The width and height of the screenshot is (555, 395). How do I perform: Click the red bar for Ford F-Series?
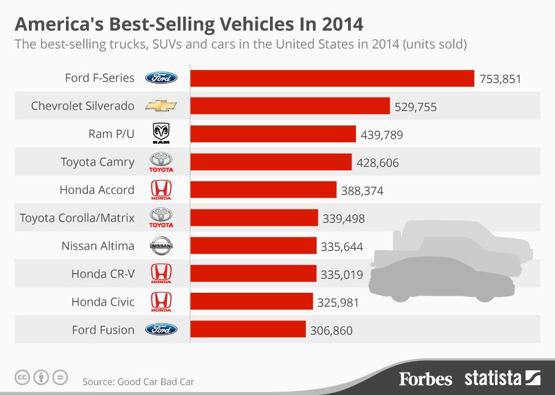coord(332,78)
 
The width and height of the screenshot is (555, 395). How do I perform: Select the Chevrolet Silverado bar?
coord(290,106)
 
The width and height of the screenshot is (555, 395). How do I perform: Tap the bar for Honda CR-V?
coord(253,274)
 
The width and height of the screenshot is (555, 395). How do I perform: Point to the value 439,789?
coord(382,135)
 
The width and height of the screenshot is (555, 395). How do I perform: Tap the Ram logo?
coord(161,134)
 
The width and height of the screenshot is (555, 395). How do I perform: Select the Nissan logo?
coord(161,247)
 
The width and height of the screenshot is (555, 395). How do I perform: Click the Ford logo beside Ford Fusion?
coord(161,330)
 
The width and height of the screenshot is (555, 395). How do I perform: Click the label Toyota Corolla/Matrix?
coord(77,218)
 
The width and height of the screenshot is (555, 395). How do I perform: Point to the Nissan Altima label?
coord(98,246)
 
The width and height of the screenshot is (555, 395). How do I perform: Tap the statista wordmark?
coord(493,379)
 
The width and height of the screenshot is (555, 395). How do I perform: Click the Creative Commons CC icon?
coord(22,378)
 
